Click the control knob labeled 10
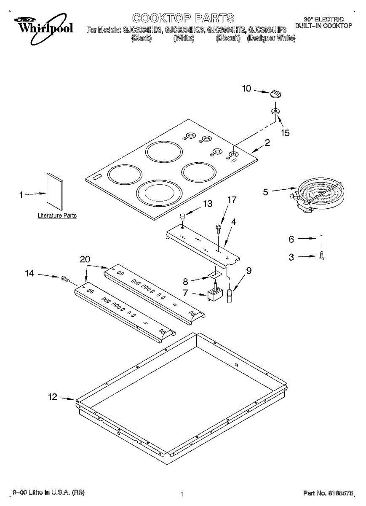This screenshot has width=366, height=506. coord(275,94)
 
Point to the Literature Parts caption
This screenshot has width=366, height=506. coord(57,215)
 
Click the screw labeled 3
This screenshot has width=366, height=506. coord(322,255)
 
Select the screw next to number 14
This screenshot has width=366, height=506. coord(65,278)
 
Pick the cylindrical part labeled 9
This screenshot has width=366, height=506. coord(230,294)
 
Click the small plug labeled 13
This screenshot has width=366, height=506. coord(182,217)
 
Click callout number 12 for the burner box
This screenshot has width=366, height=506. coord(52,397)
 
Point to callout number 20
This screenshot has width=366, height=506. coord(85,260)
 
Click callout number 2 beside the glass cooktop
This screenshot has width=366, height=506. coord(267,143)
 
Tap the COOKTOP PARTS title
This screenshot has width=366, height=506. coord(183,18)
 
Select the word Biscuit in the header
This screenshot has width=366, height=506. coord(228,38)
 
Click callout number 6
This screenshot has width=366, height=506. coord(291,239)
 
